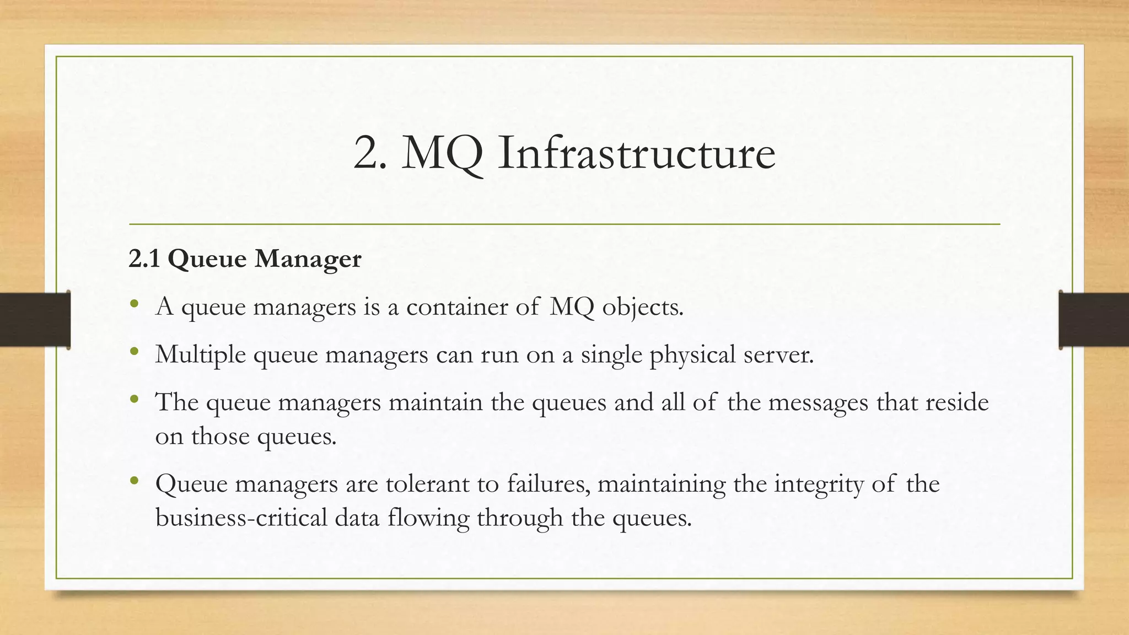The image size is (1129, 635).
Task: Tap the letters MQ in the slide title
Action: tap(443, 154)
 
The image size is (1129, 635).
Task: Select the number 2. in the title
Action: tap(369, 154)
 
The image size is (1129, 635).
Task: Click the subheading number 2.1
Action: tap(144, 259)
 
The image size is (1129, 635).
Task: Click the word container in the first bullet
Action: tap(457, 306)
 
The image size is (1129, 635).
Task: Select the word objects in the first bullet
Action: tap(642, 308)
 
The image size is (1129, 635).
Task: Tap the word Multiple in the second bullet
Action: tap(201, 355)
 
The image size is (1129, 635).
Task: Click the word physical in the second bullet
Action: tap(692, 355)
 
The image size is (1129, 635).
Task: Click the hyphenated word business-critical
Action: tap(241, 518)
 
